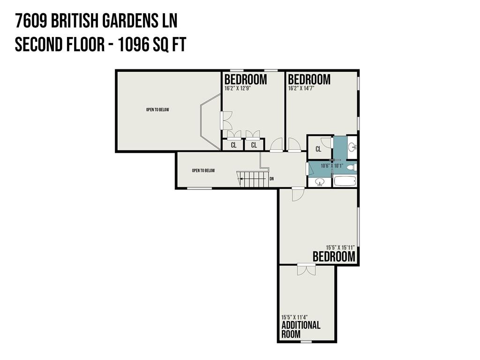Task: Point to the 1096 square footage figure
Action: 134,45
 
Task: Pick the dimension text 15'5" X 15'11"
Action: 340,247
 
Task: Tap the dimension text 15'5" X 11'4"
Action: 294,317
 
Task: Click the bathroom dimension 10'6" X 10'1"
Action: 332,166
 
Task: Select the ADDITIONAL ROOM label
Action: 301,330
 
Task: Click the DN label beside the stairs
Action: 271,179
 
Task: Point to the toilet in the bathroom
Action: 353,167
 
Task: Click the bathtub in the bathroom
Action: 345,181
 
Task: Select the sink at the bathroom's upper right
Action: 352,147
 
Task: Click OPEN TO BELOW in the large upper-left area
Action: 157,110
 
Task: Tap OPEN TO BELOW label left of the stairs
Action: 203,171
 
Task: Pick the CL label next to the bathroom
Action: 318,149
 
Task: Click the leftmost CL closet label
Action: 233,145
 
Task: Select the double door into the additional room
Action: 306,270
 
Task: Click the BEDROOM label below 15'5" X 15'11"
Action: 334,257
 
